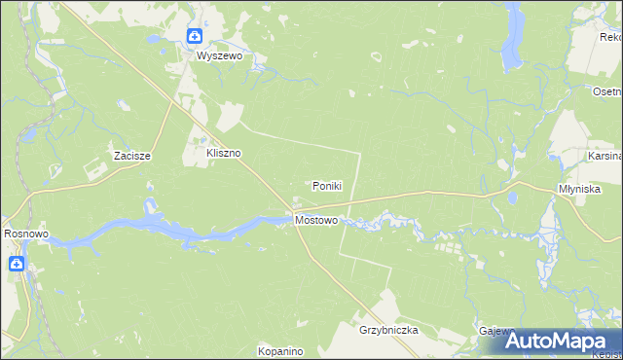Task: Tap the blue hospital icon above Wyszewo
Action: [x=195, y=37]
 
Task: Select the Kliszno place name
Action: [x=223, y=153]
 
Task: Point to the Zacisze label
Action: [x=130, y=156]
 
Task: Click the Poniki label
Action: [x=327, y=186]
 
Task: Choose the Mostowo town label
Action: [x=316, y=221]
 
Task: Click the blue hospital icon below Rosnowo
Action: [x=18, y=264]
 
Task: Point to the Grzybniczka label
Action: [x=387, y=330]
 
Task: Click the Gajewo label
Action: [x=495, y=331]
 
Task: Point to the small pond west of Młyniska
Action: [x=510, y=198]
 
